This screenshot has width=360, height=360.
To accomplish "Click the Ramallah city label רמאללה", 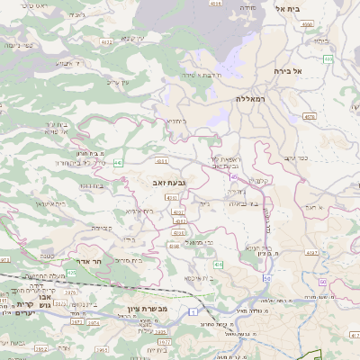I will (x=254, y=98).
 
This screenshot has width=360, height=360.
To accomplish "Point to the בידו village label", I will (x=128, y=239).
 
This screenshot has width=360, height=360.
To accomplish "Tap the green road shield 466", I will (x=328, y=59).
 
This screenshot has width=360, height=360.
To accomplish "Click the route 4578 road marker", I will (x=309, y=116).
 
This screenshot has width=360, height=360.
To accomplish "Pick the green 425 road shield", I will (x=71, y=296).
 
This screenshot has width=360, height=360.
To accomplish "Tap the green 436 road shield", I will (x=218, y=265).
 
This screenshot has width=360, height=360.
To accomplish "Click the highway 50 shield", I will (x=267, y=279).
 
